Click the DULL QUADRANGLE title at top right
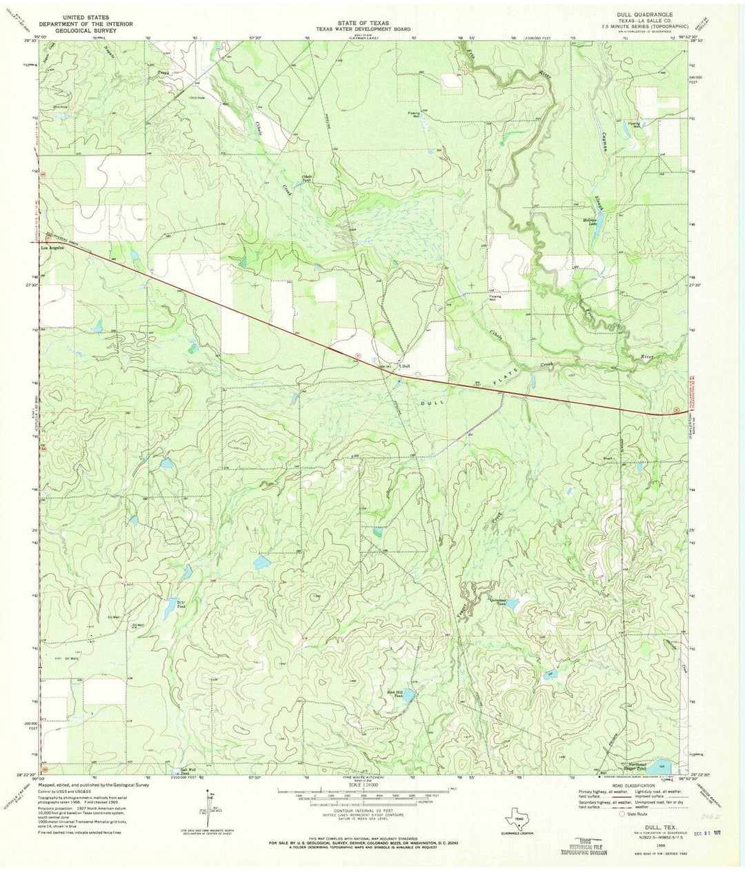pos(636,13)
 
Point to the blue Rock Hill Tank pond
pos(409,697)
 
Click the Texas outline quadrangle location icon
pos(517,820)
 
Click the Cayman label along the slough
pos(604,143)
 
